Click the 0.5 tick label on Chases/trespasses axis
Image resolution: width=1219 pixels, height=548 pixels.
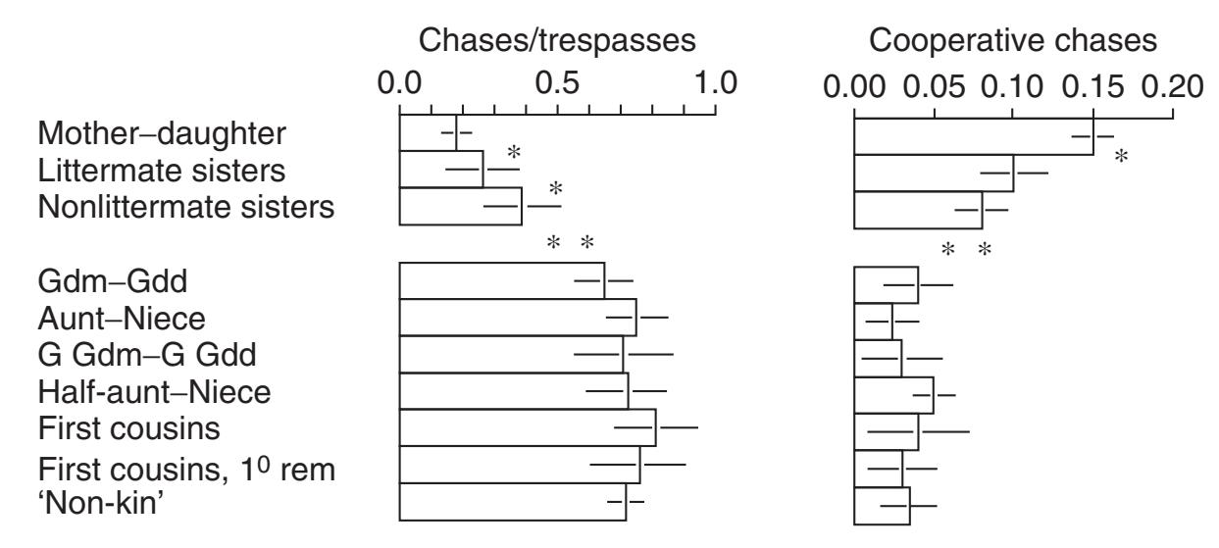pos(557,85)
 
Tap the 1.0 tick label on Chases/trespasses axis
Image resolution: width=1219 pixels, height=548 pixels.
pos(715,85)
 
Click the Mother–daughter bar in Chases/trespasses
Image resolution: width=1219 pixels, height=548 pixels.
pos(428,133)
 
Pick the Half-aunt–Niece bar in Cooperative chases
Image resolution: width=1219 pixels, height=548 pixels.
pos(893,393)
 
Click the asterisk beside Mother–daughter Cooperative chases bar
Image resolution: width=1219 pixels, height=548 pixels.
pos(1121,155)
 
